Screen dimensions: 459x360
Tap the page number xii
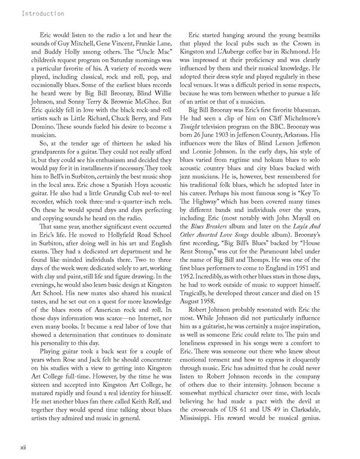[24, 447]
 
